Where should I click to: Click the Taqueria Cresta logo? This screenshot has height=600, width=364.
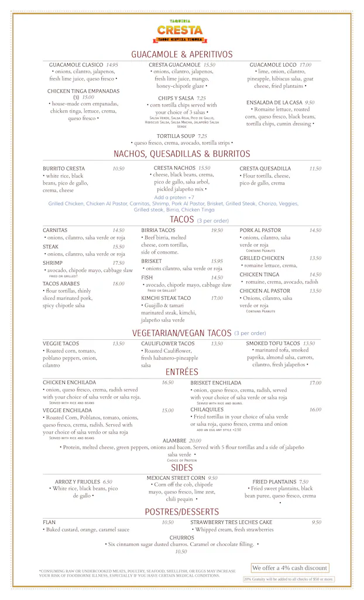tap(181, 30)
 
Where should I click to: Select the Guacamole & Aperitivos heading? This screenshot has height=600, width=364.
tap(181, 54)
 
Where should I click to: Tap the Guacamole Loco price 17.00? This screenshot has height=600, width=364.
tap(305, 65)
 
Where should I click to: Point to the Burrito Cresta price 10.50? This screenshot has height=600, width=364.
tap(118, 169)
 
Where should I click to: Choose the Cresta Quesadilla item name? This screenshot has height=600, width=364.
tap(265, 169)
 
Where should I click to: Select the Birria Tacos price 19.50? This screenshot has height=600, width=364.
tap(217, 231)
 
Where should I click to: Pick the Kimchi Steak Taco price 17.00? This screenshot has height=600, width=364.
tap(217, 298)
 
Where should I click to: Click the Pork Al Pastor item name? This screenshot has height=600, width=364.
tap(260, 231)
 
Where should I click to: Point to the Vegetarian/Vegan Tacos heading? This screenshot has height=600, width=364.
tap(182, 333)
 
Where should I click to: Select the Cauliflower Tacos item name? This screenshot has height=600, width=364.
tap(168, 344)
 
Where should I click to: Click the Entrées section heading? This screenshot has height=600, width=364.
tap(182, 372)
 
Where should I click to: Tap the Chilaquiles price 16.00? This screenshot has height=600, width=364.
tap(315, 410)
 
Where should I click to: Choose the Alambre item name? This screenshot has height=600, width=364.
tap(174, 441)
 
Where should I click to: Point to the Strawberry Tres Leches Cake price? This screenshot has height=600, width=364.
tap(316, 523)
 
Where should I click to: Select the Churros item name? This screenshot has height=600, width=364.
tap(182, 537)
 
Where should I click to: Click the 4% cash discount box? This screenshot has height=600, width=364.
tap(289, 568)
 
